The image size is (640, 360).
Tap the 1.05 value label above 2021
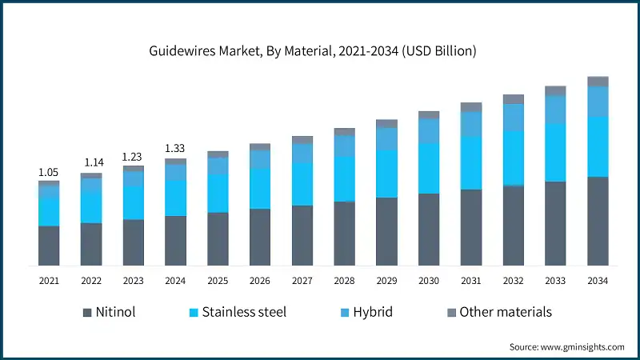49,172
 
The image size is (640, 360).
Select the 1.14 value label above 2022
91,163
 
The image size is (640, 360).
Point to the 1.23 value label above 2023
134,157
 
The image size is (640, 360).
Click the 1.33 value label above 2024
175,148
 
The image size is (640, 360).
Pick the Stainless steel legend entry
235,312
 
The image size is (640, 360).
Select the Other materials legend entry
498,312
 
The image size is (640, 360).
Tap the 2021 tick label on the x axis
49,281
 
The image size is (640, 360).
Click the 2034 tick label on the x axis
598,281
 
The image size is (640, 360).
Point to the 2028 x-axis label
344,281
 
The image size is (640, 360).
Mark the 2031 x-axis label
471,281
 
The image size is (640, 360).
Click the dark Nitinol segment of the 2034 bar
598,221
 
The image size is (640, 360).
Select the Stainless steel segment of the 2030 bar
429,168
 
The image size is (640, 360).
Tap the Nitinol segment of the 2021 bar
49,246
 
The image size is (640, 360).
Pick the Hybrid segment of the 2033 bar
555,110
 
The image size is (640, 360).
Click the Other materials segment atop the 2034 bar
598,81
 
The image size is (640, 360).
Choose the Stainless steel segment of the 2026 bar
260,189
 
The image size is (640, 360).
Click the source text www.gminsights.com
566,346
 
